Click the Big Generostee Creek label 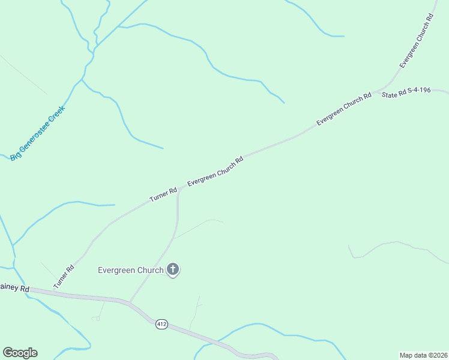[x=37, y=133]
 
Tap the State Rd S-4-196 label [x=406, y=95]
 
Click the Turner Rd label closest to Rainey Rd [x=63, y=277]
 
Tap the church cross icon [x=173, y=269]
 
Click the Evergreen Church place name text [x=131, y=270]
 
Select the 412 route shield [x=161, y=324]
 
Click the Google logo [x=20, y=353]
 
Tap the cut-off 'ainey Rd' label [x=14, y=289]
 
